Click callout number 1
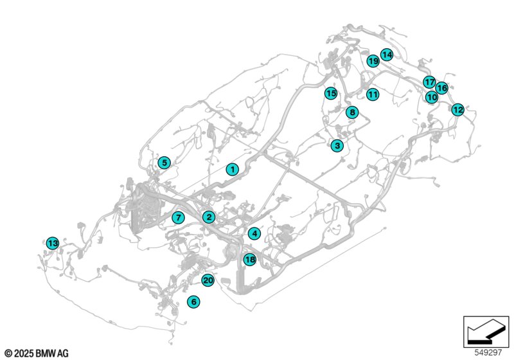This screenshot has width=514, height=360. click(233, 170)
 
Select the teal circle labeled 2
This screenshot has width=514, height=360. click(209, 217)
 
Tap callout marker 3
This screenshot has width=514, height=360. click(337, 145)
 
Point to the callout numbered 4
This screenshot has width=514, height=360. click(254, 233)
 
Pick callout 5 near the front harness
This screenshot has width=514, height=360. click(164, 162)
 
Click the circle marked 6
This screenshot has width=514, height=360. click(193, 301)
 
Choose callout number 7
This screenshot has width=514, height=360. click(178, 217)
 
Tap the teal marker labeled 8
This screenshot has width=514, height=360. click(352, 113)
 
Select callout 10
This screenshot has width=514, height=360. click(432, 97)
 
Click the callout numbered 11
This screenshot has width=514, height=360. click(373, 94)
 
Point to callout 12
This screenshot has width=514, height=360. click(457, 109)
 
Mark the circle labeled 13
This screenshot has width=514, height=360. click(53, 243)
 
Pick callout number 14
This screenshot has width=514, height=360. click(387, 55)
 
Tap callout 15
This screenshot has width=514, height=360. click(331, 93)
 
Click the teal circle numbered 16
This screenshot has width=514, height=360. click(442, 88)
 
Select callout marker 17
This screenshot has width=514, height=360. click(429, 82)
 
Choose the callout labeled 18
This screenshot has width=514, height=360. click(250, 259)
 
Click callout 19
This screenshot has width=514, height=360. click(373, 61)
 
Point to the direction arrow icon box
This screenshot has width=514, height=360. click(486, 332)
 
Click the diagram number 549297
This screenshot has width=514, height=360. click(488, 353)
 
